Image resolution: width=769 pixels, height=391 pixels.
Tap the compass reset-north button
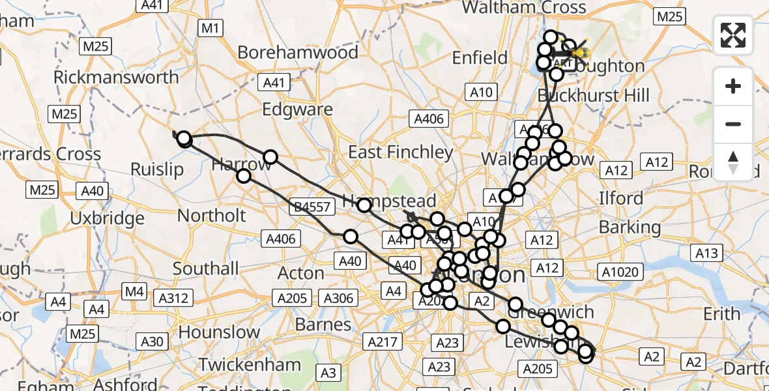point(733,160)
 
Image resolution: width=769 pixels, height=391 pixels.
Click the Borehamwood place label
point(298,52)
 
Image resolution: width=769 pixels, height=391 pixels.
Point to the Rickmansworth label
point(116,77)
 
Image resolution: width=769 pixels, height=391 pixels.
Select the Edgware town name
point(298,109)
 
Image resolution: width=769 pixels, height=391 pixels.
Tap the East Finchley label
point(401,152)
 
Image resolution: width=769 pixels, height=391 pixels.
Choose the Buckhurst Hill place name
point(594,95)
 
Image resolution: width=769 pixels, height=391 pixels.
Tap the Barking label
point(630,227)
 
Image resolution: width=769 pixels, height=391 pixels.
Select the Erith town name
point(722,314)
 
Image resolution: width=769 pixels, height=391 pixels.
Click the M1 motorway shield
point(211,28)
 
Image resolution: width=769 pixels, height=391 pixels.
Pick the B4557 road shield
point(314,207)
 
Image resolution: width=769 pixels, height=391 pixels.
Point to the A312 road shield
point(173,298)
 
